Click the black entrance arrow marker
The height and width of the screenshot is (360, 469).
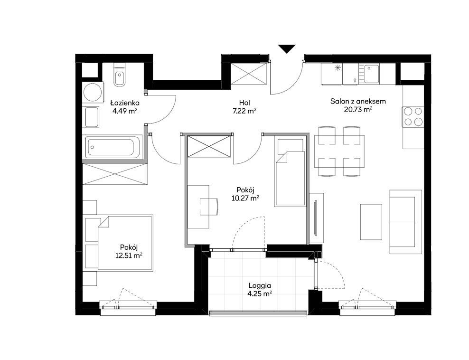click(x=287, y=48)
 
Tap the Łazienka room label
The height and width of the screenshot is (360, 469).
click(x=125, y=103)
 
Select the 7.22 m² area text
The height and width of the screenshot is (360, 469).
click(x=244, y=111)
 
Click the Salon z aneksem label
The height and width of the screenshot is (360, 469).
click(x=358, y=101)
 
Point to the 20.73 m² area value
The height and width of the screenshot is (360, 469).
click(x=358, y=110)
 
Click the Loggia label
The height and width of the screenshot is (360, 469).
click(x=260, y=285)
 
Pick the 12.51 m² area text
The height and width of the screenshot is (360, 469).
click(x=129, y=256)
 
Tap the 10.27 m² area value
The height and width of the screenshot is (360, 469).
click(x=245, y=198)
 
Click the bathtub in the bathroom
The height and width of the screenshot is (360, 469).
click(x=113, y=147)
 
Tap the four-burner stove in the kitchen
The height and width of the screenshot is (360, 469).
click(x=413, y=116)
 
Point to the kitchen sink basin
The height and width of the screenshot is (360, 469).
click(x=371, y=74)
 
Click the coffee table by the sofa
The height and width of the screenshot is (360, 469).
click(x=371, y=222)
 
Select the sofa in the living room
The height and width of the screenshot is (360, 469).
click(x=405, y=222)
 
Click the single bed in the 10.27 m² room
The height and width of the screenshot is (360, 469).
click(x=291, y=171)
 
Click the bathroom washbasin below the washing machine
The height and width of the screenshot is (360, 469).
click(x=92, y=117)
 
